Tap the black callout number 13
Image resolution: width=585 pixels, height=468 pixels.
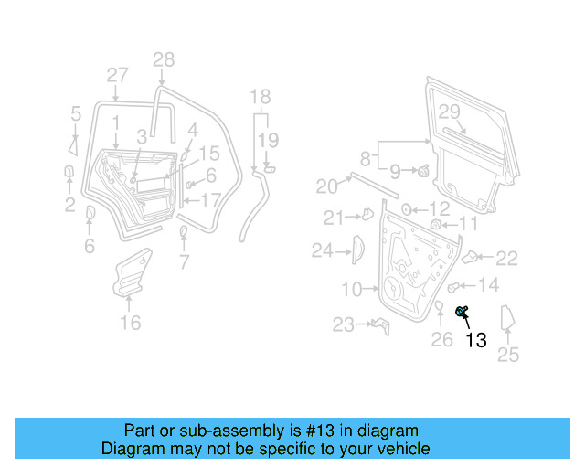(x=476, y=341)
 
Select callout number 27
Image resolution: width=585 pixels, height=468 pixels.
(x=117, y=75)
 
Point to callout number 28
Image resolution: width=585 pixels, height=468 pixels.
(x=163, y=60)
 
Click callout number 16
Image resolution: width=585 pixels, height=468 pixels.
(x=131, y=323)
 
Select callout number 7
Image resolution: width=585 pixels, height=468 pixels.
(x=184, y=264)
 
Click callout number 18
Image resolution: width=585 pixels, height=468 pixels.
(x=261, y=97)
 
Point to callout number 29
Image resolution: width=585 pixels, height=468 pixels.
(x=448, y=112)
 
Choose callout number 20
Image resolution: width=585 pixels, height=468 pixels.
(x=326, y=187)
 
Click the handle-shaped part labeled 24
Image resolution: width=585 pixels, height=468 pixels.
(x=358, y=249)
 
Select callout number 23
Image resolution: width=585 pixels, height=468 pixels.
(x=343, y=324)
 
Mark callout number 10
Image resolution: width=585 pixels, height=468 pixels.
(x=352, y=290)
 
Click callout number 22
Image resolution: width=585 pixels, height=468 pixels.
(x=506, y=259)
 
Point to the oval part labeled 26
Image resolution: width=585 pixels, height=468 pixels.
(x=438, y=306)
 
